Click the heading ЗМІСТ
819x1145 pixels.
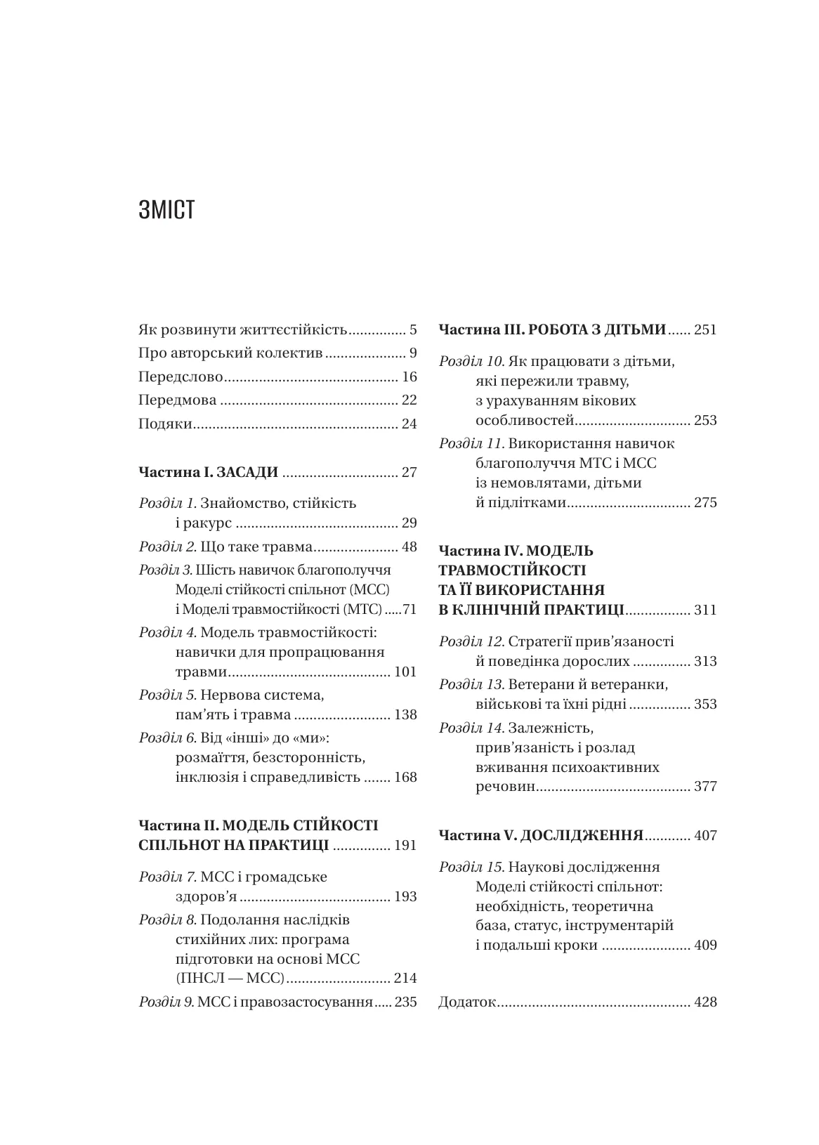click(x=166, y=211)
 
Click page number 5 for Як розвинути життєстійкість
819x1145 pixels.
click(x=413, y=329)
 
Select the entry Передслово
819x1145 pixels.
click(x=181, y=377)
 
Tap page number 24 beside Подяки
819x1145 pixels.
click(x=409, y=424)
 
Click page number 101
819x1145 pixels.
click(x=405, y=672)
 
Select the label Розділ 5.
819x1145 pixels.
click(x=167, y=695)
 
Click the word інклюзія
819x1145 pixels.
click(x=207, y=778)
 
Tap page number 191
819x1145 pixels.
click(x=405, y=845)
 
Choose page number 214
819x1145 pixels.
click(x=405, y=978)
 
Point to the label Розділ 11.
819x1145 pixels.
click(x=471, y=444)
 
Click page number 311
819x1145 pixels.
click(x=705, y=610)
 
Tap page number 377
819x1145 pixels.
click(x=705, y=786)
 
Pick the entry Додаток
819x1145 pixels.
click(x=467, y=1002)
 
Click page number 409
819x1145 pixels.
click(x=705, y=945)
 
